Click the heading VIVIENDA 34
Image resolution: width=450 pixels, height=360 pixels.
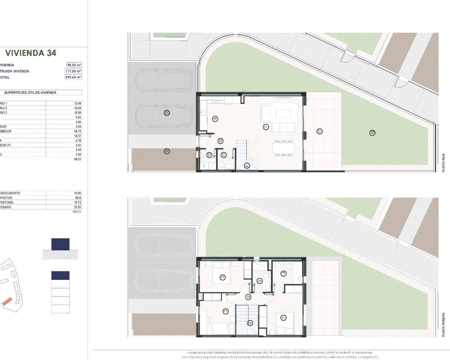[31, 53]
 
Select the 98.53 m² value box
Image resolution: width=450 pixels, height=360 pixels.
[74, 65]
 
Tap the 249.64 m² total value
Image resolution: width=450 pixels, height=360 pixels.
[73, 77]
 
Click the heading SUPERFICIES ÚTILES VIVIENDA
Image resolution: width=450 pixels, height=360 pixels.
[30, 93]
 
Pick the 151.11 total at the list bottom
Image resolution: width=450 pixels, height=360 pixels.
[76, 212]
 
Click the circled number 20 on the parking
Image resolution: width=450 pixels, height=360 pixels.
[167, 113]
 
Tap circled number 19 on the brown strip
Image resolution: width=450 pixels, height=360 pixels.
[167, 151]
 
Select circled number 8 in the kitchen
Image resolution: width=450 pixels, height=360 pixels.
[215, 119]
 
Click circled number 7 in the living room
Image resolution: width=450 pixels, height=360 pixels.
[266, 127]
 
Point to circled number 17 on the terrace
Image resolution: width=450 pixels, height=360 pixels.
[320, 131]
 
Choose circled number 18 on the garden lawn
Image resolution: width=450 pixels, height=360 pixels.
[372, 133]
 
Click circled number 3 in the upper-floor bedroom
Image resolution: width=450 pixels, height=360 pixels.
[223, 277]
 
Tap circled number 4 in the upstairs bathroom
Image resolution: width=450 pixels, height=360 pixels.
[283, 273]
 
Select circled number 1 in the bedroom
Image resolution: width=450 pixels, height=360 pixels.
[283, 318]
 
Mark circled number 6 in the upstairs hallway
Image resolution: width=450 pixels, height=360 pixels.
[248, 297]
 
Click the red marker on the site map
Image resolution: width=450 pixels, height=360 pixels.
[7, 301]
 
